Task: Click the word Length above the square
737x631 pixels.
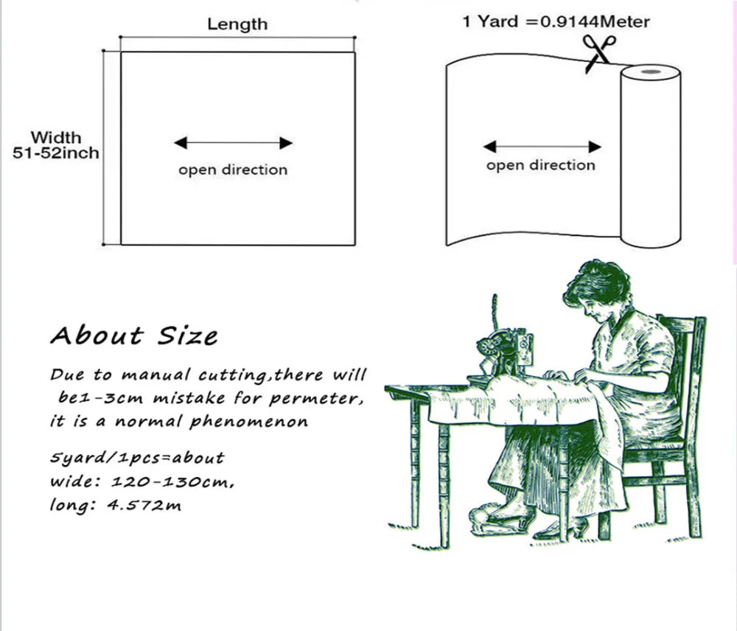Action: point(237,24)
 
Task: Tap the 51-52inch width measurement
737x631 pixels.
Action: point(55,153)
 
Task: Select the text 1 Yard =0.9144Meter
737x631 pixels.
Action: point(556,21)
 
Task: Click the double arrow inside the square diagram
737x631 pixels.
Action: point(233,143)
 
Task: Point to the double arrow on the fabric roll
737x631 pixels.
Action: point(542,147)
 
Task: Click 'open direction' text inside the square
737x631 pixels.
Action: point(233,170)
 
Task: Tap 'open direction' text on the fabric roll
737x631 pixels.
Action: point(540,165)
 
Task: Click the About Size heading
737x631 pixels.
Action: point(134,335)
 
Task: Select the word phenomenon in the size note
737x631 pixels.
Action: point(248,421)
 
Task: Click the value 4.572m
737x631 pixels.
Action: point(144,506)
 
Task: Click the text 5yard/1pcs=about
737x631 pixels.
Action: point(137,458)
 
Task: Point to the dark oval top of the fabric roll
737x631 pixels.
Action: point(652,72)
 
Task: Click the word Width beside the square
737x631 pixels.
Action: point(56,138)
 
